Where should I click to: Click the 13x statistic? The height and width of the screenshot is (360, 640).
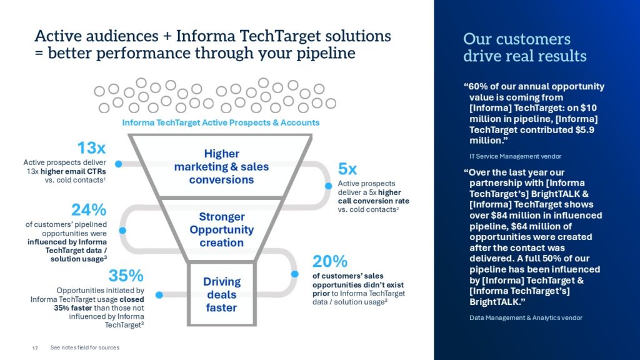(91, 147)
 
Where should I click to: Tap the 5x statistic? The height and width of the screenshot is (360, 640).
(347, 169)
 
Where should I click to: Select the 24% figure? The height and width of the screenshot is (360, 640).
(89, 210)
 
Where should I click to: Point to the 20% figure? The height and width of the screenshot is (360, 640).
(330, 261)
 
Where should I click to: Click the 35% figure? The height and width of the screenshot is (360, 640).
(126, 276)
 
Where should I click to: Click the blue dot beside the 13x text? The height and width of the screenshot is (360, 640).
(118, 164)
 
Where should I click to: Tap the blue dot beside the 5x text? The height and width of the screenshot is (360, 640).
(329, 186)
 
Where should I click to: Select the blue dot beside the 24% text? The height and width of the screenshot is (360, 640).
(122, 231)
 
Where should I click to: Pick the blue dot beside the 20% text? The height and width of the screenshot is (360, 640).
(295, 274)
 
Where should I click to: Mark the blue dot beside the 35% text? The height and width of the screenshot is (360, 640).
(159, 295)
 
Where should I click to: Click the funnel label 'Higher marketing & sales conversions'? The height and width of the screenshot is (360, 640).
(221, 166)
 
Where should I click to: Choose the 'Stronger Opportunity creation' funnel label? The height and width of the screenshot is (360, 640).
(222, 229)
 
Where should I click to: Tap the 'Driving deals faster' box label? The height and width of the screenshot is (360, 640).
(222, 295)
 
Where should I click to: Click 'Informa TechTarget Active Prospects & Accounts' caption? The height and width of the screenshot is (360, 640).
(221, 122)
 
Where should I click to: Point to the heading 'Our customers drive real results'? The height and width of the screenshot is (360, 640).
(524, 47)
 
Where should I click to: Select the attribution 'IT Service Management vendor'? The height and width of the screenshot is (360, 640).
(515, 156)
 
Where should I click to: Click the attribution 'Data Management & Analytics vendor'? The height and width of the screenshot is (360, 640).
(526, 317)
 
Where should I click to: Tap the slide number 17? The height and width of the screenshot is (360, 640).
(35, 348)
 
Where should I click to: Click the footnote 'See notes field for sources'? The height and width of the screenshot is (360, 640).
(85, 347)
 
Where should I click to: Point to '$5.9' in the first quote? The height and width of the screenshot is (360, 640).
(584, 130)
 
